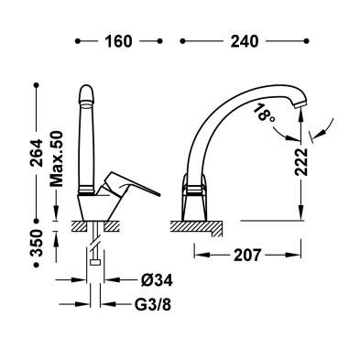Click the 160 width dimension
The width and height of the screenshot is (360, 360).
tap(118, 41)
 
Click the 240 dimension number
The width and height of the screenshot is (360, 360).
tap(245, 41)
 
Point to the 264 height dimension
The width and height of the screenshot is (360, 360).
tap(37, 153)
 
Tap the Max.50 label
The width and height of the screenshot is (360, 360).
tap(57, 158)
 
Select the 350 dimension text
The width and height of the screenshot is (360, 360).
tap(37, 243)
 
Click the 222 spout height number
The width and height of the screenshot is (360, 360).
tap(301, 162)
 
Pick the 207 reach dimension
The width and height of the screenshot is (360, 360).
tap(247, 255)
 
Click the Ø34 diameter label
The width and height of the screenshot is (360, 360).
tap(157, 279)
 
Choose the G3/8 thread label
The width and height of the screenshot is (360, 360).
tap(153, 304)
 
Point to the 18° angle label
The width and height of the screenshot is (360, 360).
tap(262, 113)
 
